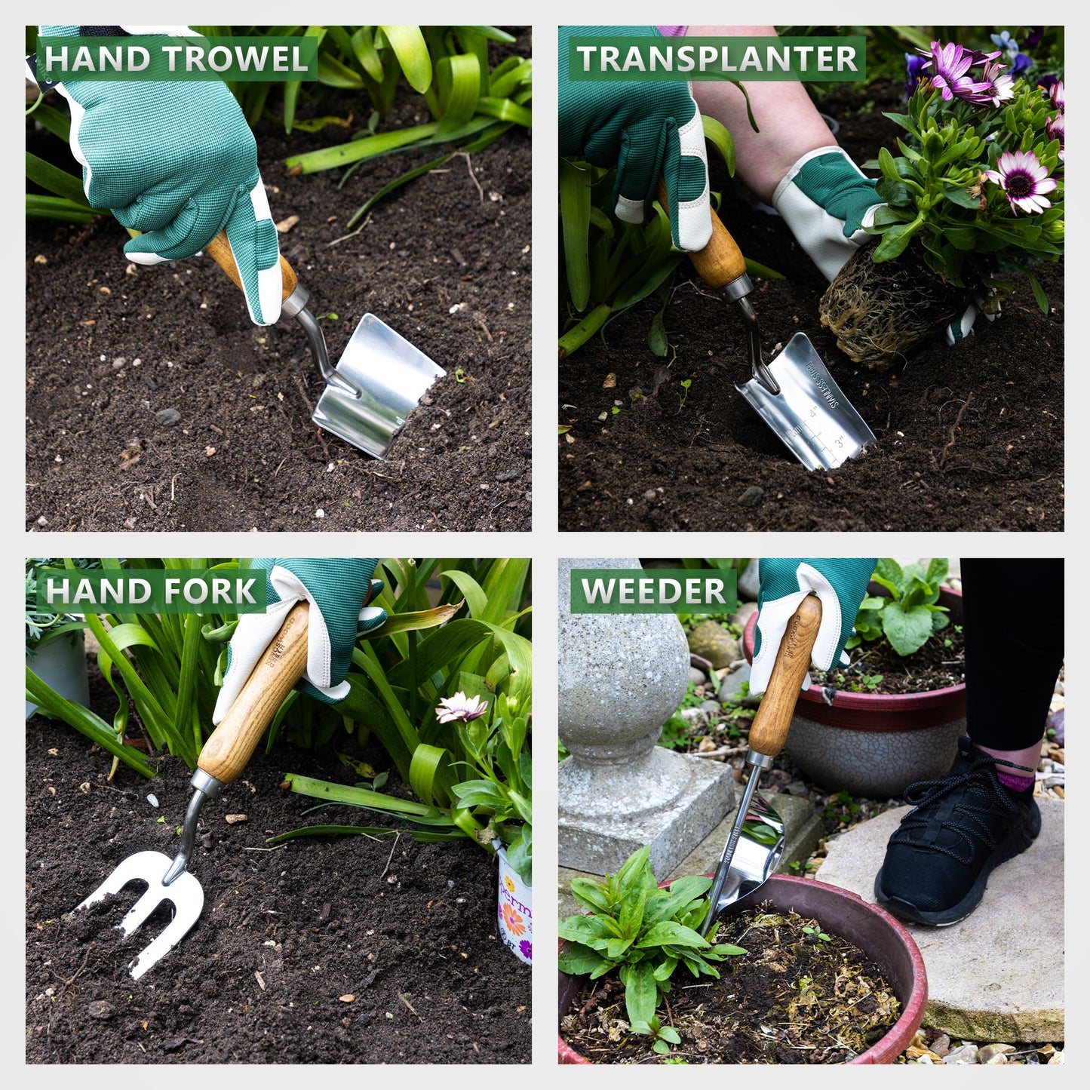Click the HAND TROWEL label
point(176,59)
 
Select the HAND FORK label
point(151,591)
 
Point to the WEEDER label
point(653,591)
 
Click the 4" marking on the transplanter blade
point(814,413)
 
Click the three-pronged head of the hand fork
point(151,901)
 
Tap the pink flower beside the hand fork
point(461,707)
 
